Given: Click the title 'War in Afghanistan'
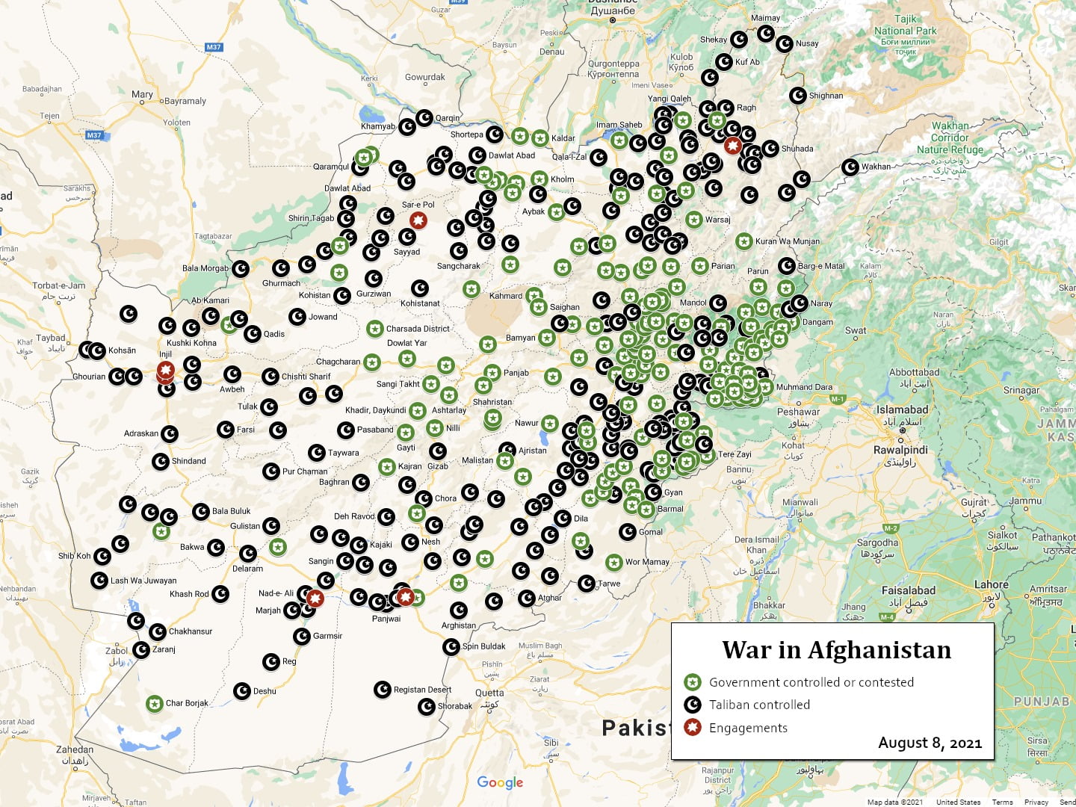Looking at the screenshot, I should [836, 650].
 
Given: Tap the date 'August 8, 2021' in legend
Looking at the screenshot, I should [930, 743].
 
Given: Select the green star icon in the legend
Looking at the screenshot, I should [693, 682].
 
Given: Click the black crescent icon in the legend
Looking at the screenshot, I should [693, 705].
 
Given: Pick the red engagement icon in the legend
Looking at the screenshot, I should [693, 727].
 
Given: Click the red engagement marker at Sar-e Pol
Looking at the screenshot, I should [418, 220].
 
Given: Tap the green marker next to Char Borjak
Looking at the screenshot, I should [155, 704].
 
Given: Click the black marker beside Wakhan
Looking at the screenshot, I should [850, 167].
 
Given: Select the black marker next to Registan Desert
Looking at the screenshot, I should [382, 690].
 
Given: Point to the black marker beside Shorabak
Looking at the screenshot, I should [427, 706].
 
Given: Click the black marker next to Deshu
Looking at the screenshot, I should [242, 691].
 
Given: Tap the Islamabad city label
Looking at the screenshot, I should [902, 410].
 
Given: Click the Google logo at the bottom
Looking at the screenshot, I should [500, 782].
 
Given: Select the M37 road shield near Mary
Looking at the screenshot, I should [214, 47].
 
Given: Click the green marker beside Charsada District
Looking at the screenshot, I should [375, 329].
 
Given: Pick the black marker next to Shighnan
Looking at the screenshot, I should [798, 96].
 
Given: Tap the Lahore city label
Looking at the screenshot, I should [991, 584].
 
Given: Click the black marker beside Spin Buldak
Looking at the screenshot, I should [451, 646].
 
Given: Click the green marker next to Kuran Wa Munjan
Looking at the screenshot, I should [743, 241].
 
